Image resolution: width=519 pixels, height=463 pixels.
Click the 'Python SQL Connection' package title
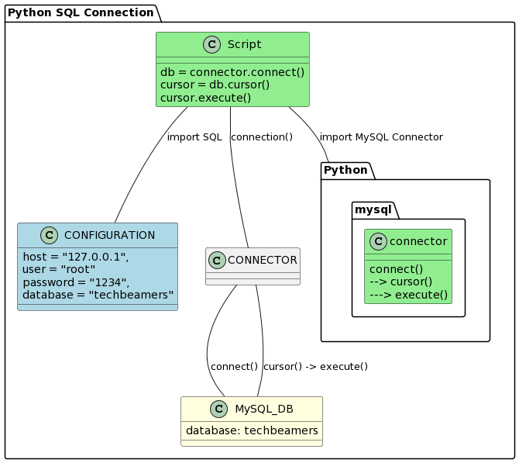point(81,12)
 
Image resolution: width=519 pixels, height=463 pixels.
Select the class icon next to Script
point(211,45)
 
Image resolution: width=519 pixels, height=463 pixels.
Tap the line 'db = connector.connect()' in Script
point(232,72)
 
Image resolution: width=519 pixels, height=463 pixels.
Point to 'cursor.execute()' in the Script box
point(205,98)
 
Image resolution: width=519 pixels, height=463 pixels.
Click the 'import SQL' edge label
point(194,137)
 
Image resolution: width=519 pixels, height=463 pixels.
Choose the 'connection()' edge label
point(262,137)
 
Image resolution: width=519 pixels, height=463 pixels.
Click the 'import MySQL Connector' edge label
point(381,137)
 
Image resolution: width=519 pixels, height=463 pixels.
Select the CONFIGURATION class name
point(109,235)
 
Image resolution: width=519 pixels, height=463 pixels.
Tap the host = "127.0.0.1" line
point(76,257)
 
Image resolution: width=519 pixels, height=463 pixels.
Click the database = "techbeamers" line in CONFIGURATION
point(98,295)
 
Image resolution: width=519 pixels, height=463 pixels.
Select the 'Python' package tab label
point(345,170)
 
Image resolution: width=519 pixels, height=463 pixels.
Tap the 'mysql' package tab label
point(374,209)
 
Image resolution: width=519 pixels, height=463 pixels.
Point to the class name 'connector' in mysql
point(418,241)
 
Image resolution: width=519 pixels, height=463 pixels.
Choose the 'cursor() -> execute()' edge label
point(315,367)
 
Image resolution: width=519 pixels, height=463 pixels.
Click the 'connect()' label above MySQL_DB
point(234,367)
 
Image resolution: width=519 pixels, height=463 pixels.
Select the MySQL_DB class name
point(263,409)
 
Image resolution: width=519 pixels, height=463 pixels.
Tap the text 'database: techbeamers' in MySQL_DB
point(252,430)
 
